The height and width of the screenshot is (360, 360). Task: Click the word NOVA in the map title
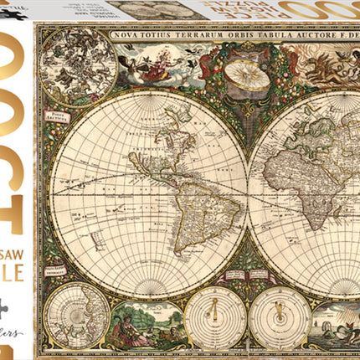pos(152,36)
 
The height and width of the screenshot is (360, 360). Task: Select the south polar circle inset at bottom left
pos(74,316)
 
